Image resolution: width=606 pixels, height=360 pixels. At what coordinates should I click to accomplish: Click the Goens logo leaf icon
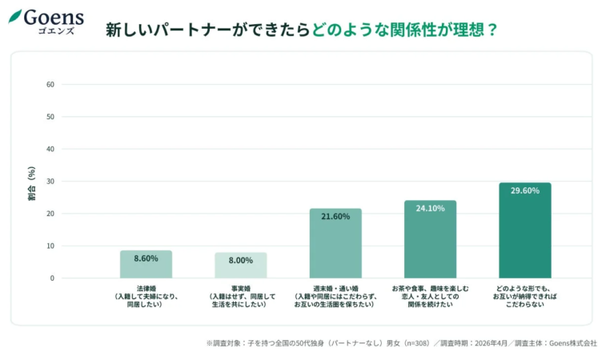click(x=15, y=16)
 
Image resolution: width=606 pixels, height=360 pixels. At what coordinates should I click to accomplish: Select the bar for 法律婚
click(x=146, y=265)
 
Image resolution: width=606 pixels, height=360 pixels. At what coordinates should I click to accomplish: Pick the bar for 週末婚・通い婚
click(x=335, y=244)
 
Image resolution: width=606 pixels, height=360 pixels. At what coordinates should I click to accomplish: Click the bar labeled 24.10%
click(x=430, y=240)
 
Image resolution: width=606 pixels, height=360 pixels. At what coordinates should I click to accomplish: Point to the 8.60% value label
click(x=146, y=259)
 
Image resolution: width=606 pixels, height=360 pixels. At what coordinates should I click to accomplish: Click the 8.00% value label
click(x=240, y=261)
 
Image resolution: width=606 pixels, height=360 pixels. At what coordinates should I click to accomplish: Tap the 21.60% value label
click(x=335, y=217)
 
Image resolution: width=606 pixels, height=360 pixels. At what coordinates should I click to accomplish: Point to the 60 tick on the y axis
click(x=50, y=85)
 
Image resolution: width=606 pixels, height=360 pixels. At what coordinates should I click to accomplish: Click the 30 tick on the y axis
click(x=50, y=182)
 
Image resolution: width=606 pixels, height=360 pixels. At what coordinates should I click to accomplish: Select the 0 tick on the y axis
click(x=52, y=278)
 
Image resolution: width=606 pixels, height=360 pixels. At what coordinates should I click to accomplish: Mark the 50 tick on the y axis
click(x=50, y=117)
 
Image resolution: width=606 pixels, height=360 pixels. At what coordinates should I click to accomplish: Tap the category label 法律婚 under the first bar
click(x=146, y=287)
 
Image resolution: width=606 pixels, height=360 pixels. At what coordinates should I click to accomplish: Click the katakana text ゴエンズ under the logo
click(x=55, y=30)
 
